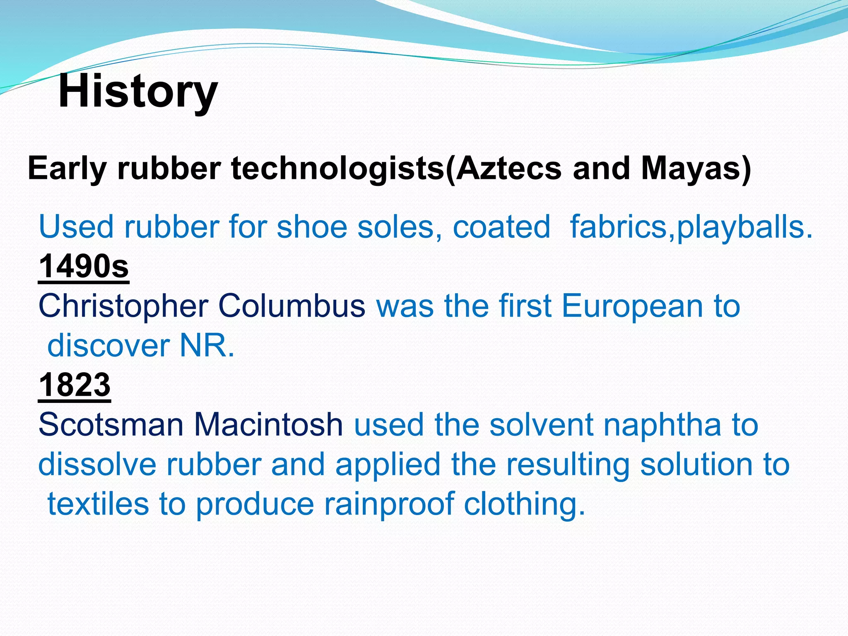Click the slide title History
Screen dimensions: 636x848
click(138, 92)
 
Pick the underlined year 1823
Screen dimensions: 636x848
click(75, 385)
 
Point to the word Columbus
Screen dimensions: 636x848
click(291, 306)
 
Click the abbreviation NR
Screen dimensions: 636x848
click(206, 345)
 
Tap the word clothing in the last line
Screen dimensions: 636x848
click(524, 504)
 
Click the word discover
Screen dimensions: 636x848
click(108, 345)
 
